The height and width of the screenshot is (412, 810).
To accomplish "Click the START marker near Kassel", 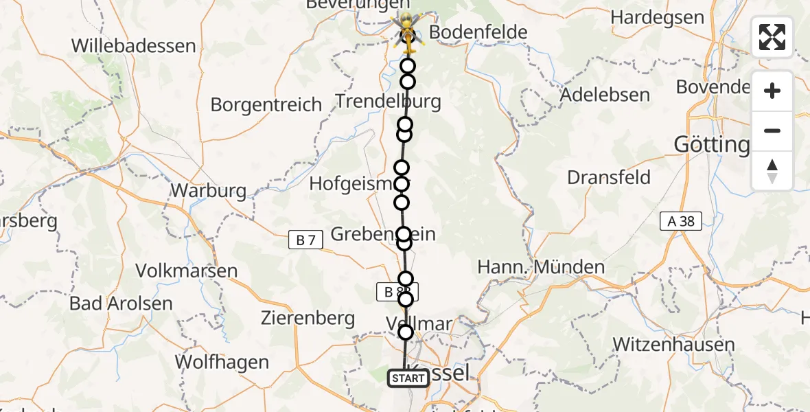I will point(408,378).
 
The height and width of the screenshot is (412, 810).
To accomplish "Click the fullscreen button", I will point(772,37).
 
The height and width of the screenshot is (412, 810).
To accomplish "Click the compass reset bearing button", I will point(772,171).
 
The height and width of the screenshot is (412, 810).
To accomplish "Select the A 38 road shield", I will point(680,221).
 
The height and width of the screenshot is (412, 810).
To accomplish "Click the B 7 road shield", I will point(305,240).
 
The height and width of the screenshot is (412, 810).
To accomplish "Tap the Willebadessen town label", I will point(134,46).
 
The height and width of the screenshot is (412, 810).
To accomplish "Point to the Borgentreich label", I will point(266,105).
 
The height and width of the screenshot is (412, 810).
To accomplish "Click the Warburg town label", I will point(208,190).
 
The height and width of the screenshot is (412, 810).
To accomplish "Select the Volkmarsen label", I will point(187,271).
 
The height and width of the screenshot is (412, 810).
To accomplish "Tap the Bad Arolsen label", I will point(121,303).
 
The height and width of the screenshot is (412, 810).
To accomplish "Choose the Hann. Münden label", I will point(541,266).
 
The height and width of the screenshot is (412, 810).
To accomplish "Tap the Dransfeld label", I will point(609,177).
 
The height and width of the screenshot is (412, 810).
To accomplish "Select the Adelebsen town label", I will point(605,95).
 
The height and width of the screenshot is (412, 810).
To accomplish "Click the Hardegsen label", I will point(657,17).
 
